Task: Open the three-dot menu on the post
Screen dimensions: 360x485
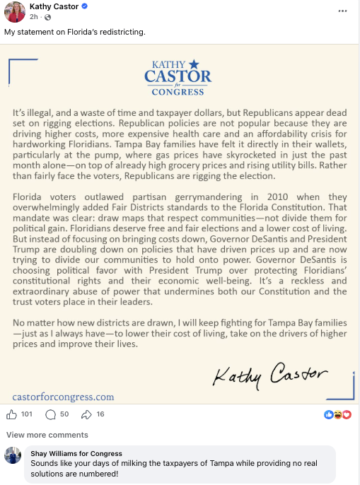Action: tap(343, 11)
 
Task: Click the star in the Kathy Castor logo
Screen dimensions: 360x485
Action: tap(194, 64)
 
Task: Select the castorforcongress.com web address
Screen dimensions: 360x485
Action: tap(63, 397)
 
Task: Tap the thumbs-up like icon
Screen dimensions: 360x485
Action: tap(11, 414)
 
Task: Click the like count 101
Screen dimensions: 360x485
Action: tap(27, 414)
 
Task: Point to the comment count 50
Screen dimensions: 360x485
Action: tap(64, 414)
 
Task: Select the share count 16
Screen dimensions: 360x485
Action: tap(100, 414)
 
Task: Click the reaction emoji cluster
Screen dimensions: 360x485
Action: tap(337, 414)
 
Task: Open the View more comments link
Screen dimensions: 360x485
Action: tap(47, 435)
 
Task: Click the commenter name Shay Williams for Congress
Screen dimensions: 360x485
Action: tap(76, 453)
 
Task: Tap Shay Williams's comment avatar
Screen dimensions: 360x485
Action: tap(13, 455)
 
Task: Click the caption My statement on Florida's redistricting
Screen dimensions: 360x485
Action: tap(75, 33)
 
